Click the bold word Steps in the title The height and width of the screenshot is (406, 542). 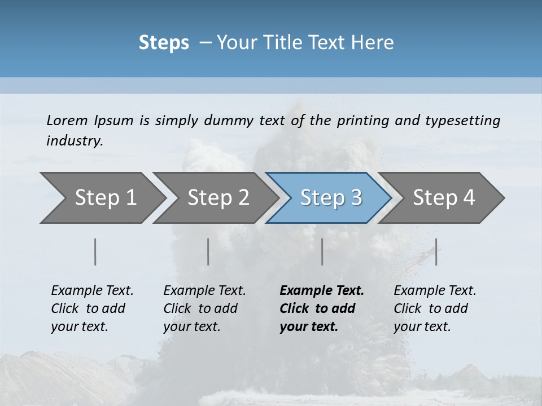[164, 42]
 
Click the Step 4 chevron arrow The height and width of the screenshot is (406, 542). [444, 197]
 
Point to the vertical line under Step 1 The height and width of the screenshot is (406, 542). [95, 251]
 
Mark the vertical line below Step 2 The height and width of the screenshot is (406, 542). [208, 251]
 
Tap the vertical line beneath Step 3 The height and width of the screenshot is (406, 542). [322, 251]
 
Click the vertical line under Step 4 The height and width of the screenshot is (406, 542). [436, 251]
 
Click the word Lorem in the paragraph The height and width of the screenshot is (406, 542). [67, 120]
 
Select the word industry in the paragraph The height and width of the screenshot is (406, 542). [75, 140]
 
